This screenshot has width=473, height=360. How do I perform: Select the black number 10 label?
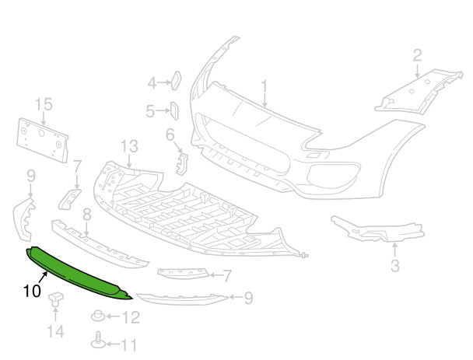point(32,292)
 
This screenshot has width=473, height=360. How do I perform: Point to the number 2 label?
point(417,54)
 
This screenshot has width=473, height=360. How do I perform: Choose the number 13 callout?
point(128,146)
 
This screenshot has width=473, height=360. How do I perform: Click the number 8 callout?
point(86,213)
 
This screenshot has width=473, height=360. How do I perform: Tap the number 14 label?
point(56,333)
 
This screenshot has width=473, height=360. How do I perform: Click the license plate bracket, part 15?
point(43,141)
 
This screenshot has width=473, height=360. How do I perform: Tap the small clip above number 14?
point(56,298)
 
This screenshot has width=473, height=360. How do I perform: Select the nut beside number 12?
point(100,316)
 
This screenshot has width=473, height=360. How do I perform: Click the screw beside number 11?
point(98,341)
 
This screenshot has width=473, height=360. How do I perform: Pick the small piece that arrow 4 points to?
point(176,79)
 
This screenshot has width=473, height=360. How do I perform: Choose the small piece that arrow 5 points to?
point(174,110)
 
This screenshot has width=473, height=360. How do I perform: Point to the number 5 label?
point(150,112)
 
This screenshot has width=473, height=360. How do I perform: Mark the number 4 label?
point(152,81)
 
